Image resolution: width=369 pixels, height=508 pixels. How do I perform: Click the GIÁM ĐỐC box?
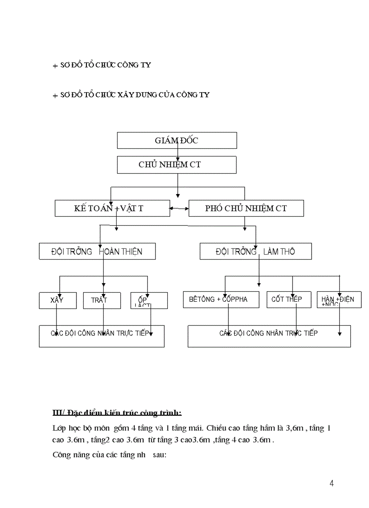pos(177,140)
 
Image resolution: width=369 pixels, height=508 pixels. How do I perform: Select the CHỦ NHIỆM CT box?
pos(177,165)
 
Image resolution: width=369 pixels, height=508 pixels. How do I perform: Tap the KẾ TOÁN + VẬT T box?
pos(112,208)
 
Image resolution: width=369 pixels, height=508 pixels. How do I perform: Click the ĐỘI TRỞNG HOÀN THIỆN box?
pos(97,251)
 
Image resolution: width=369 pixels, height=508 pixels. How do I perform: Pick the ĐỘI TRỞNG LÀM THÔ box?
pos(255,251)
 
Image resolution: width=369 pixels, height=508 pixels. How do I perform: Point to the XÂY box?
pos(57,300)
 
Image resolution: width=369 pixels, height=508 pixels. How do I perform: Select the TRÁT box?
pos(102,300)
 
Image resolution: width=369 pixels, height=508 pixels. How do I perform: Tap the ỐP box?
pos(149,300)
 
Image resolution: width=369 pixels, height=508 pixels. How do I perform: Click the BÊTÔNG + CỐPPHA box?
pos(221,299)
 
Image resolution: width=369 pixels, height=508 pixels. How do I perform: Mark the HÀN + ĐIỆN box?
pos(339,299)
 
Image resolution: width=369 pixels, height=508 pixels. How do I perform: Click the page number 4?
pos(332,484)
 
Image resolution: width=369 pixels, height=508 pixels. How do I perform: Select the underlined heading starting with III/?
pos(117,413)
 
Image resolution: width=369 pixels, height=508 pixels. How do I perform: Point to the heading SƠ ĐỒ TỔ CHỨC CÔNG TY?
pos(105,65)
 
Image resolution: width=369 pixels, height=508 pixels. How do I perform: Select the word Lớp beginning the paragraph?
pos(60,428)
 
